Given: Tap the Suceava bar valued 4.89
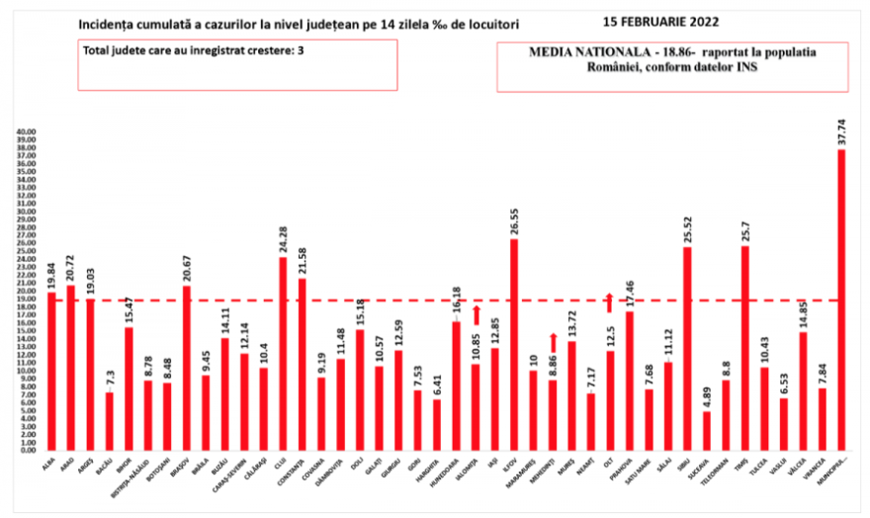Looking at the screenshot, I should pyautogui.click(x=707, y=430).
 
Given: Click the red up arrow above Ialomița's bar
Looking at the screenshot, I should pyautogui.click(x=476, y=315).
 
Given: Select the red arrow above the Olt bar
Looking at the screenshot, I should pyautogui.click(x=610, y=302).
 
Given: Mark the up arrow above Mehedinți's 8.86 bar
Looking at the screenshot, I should pyautogui.click(x=553, y=341).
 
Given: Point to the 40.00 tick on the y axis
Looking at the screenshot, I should pyautogui.click(x=23, y=131).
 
